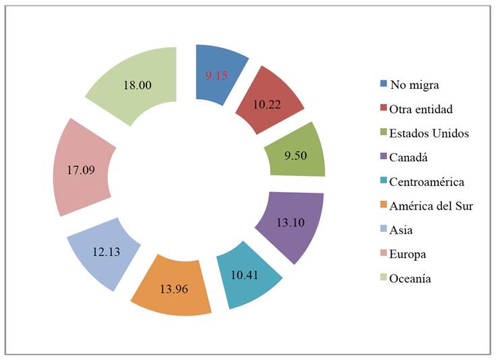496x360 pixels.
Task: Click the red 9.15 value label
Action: click(217, 76)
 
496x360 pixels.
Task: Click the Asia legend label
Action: click(402, 230)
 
